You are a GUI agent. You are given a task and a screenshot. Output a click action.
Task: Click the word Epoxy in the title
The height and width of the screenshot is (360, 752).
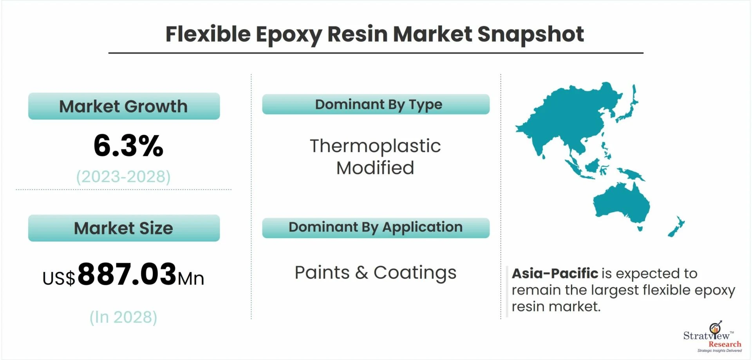(289, 34)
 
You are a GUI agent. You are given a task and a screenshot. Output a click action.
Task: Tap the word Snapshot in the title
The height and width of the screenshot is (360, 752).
(530, 34)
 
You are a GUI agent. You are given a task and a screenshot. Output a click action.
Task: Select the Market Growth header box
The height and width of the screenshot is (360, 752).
(124, 106)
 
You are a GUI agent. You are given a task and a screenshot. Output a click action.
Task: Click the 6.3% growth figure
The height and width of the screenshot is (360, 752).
(128, 146)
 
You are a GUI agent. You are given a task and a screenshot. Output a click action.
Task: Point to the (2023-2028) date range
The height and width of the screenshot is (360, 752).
(123, 177)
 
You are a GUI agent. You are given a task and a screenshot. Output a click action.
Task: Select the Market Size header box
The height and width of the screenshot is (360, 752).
(124, 228)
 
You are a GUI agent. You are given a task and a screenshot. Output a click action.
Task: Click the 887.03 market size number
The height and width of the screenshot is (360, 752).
(127, 274)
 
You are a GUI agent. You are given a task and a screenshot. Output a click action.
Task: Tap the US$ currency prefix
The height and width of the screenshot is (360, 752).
(59, 279)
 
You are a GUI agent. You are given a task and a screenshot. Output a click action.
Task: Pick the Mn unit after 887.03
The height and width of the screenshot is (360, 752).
(191, 279)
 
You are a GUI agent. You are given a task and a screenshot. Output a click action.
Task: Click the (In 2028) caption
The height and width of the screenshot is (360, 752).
(123, 317)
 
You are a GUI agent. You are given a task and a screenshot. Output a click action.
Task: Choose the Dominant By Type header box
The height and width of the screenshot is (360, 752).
(376, 105)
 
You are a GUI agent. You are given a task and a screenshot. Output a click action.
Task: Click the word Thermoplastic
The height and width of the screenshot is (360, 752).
(375, 146)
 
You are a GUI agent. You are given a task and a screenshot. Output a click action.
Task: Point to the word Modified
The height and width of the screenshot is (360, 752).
(375, 168)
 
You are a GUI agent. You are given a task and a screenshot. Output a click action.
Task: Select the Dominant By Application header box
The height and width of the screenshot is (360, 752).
(376, 228)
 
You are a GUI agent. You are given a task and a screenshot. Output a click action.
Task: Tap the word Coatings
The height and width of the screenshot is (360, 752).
(415, 273)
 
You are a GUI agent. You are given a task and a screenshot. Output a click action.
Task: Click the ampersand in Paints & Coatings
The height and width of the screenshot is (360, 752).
(362, 273)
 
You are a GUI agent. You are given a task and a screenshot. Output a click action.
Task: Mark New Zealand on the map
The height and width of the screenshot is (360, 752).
(677, 227)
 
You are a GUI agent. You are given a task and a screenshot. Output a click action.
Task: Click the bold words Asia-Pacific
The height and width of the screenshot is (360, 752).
(555, 273)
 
